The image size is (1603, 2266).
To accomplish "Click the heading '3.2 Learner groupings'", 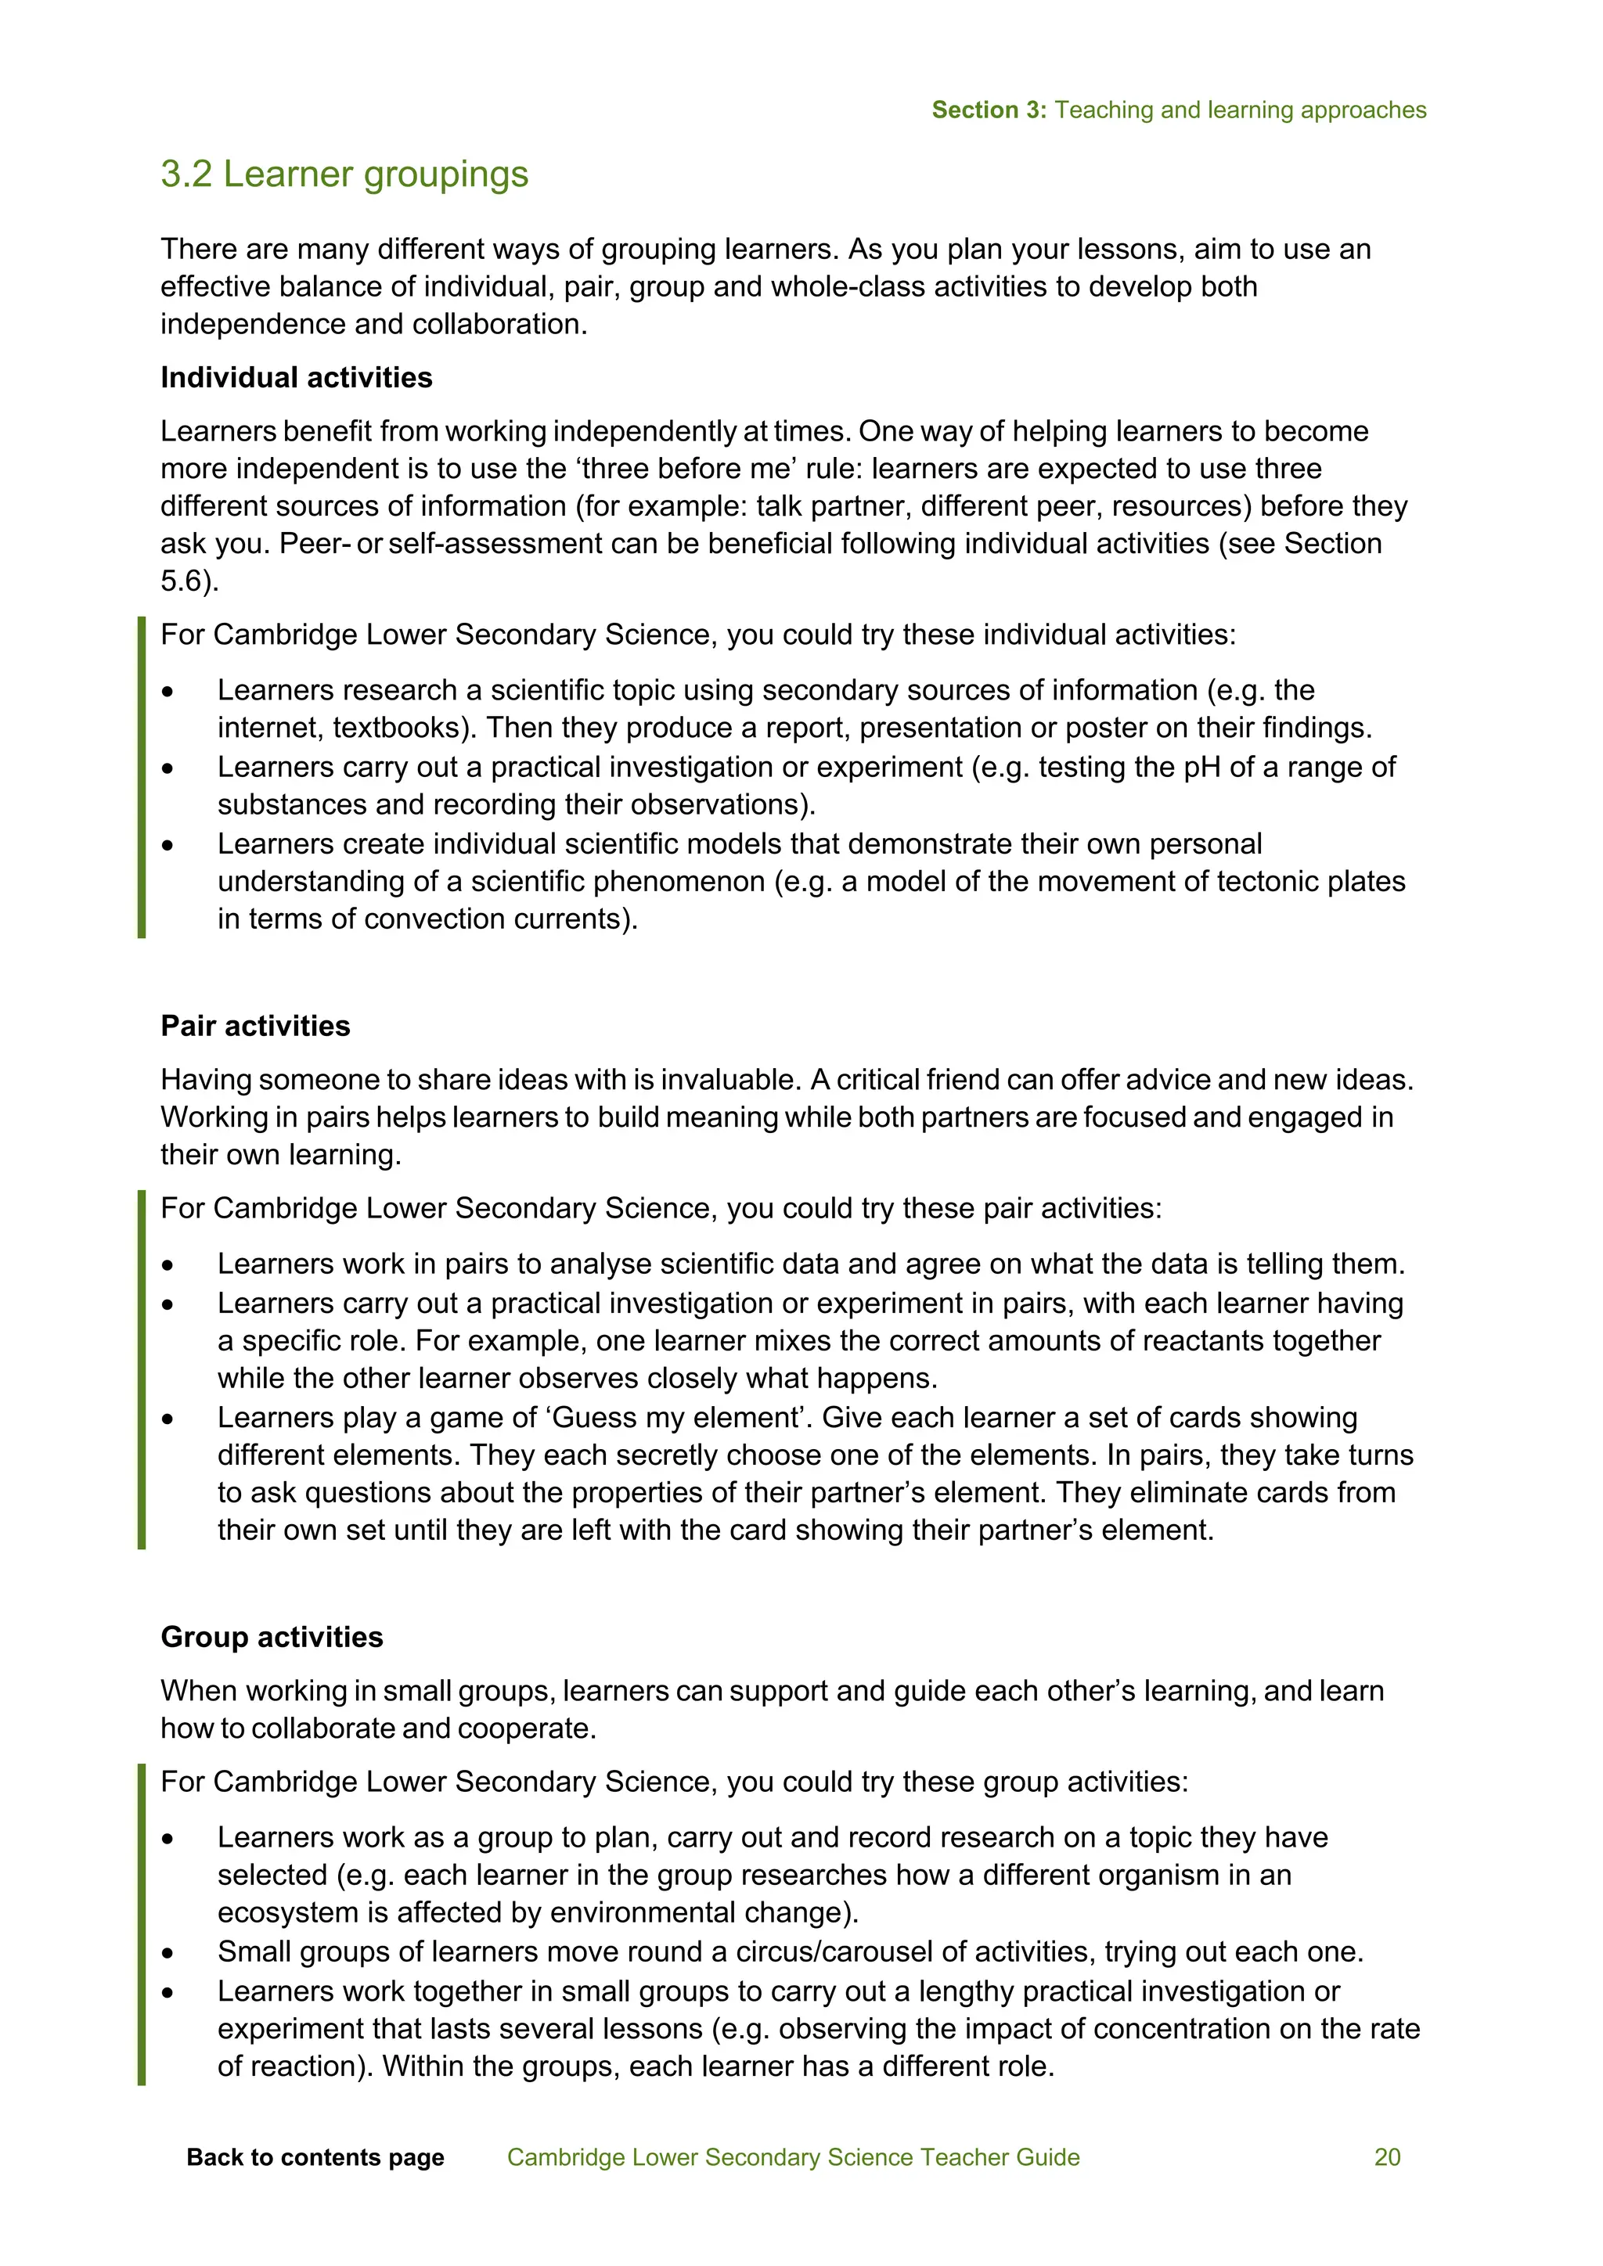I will point(344,174).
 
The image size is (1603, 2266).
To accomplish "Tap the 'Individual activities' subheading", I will point(296,378).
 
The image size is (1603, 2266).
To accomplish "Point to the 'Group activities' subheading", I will point(272,1638).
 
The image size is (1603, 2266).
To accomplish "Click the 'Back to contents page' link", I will point(315,2157).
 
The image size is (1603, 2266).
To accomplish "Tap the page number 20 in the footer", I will point(1387,2157).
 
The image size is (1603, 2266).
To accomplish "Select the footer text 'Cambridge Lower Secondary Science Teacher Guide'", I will point(793,2157).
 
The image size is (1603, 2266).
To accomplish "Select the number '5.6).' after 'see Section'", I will point(189,581).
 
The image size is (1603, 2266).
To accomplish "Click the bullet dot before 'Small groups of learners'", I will point(169,1953).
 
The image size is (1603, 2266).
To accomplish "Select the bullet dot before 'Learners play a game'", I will point(169,1419).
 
